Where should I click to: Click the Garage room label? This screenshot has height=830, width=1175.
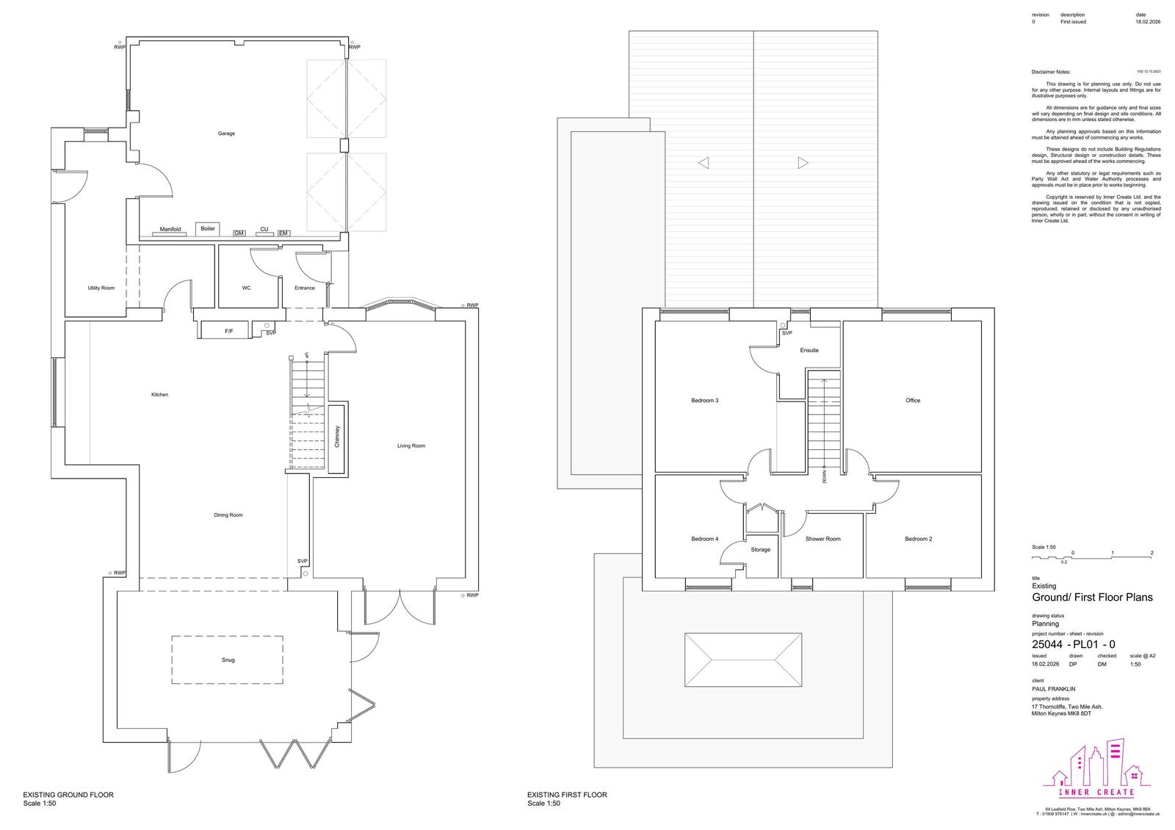pyautogui.click(x=226, y=134)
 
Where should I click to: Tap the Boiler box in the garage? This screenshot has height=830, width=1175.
pyautogui.click(x=208, y=229)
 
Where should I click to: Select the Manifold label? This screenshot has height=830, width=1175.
pyautogui.click(x=170, y=230)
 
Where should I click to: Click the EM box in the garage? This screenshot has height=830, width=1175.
pyautogui.click(x=283, y=233)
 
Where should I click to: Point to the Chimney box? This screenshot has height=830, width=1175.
pyautogui.click(x=337, y=438)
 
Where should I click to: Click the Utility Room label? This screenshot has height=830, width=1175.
pyautogui.click(x=101, y=288)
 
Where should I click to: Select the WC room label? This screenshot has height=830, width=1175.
pyautogui.click(x=246, y=288)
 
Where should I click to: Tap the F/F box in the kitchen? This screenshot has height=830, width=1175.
pyautogui.click(x=228, y=332)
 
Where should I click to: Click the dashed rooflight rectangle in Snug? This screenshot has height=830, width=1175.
pyautogui.click(x=228, y=660)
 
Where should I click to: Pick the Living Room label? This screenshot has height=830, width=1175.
pyautogui.click(x=411, y=445)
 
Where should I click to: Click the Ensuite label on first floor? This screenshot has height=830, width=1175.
pyautogui.click(x=809, y=350)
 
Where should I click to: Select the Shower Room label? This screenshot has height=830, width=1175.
pyautogui.click(x=822, y=539)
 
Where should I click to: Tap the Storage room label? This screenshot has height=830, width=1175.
pyautogui.click(x=760, y=550)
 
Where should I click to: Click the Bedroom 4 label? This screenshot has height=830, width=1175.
pyautogui.click(x=704, y=539)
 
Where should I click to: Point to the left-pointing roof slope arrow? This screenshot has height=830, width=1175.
pyautogui.click(x=704, y=163)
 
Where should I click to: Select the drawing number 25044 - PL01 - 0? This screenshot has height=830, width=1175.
pyautogui.click(x=1074, y=644)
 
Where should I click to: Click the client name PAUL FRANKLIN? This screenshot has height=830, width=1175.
pyautogui.click(x=1053, y=689)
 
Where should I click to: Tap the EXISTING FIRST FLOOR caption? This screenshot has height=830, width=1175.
pyautogui.click(x=567, y=795)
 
